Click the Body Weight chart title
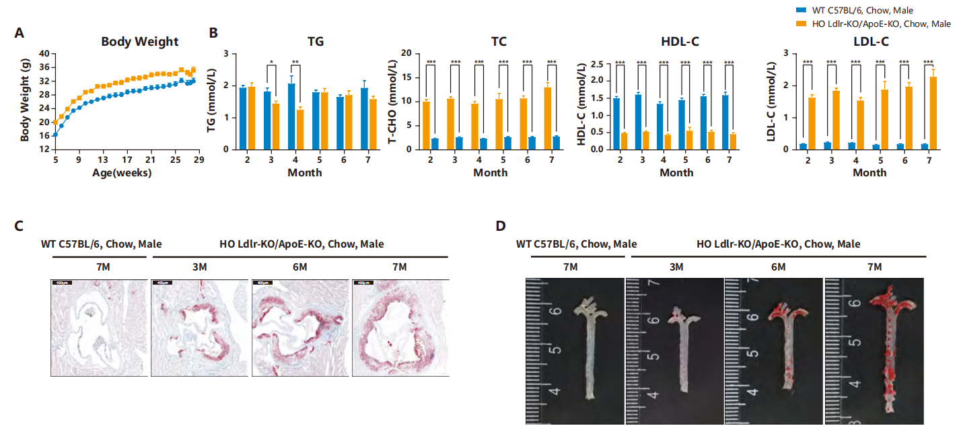(x=140, y=42)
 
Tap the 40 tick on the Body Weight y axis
(x=44, y=54)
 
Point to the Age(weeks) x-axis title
(x=122, y=173)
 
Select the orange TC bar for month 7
(x=547, y=118)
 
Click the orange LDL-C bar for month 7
(x=933, y=112)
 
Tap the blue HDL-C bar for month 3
(x=638, y=121)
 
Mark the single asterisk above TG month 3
(x=271, y=64)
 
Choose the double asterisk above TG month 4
(x=295, y=64)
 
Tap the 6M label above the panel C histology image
(x=300, y=267)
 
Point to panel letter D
(x=500, y=225)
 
